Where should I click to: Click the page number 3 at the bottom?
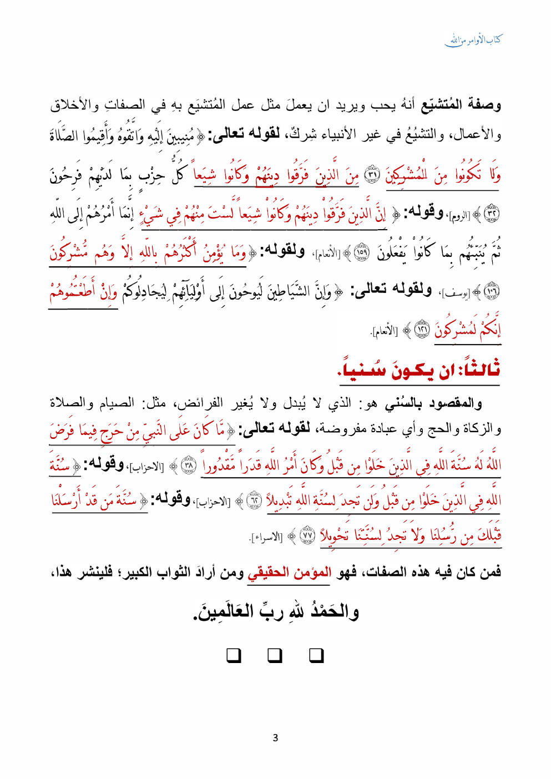click(x=275, y=738)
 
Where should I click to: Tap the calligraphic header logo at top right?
click(x=473, y=40)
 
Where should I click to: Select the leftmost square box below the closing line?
click(x=234, y=656)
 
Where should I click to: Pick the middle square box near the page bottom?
click(x=275, y=656)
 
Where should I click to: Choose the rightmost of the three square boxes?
click(x=316, y=656)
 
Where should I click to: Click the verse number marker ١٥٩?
click(x=361, y=252)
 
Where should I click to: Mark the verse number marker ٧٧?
click(x=307, y=536)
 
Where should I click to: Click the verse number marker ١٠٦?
click(x=492, y=291)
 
